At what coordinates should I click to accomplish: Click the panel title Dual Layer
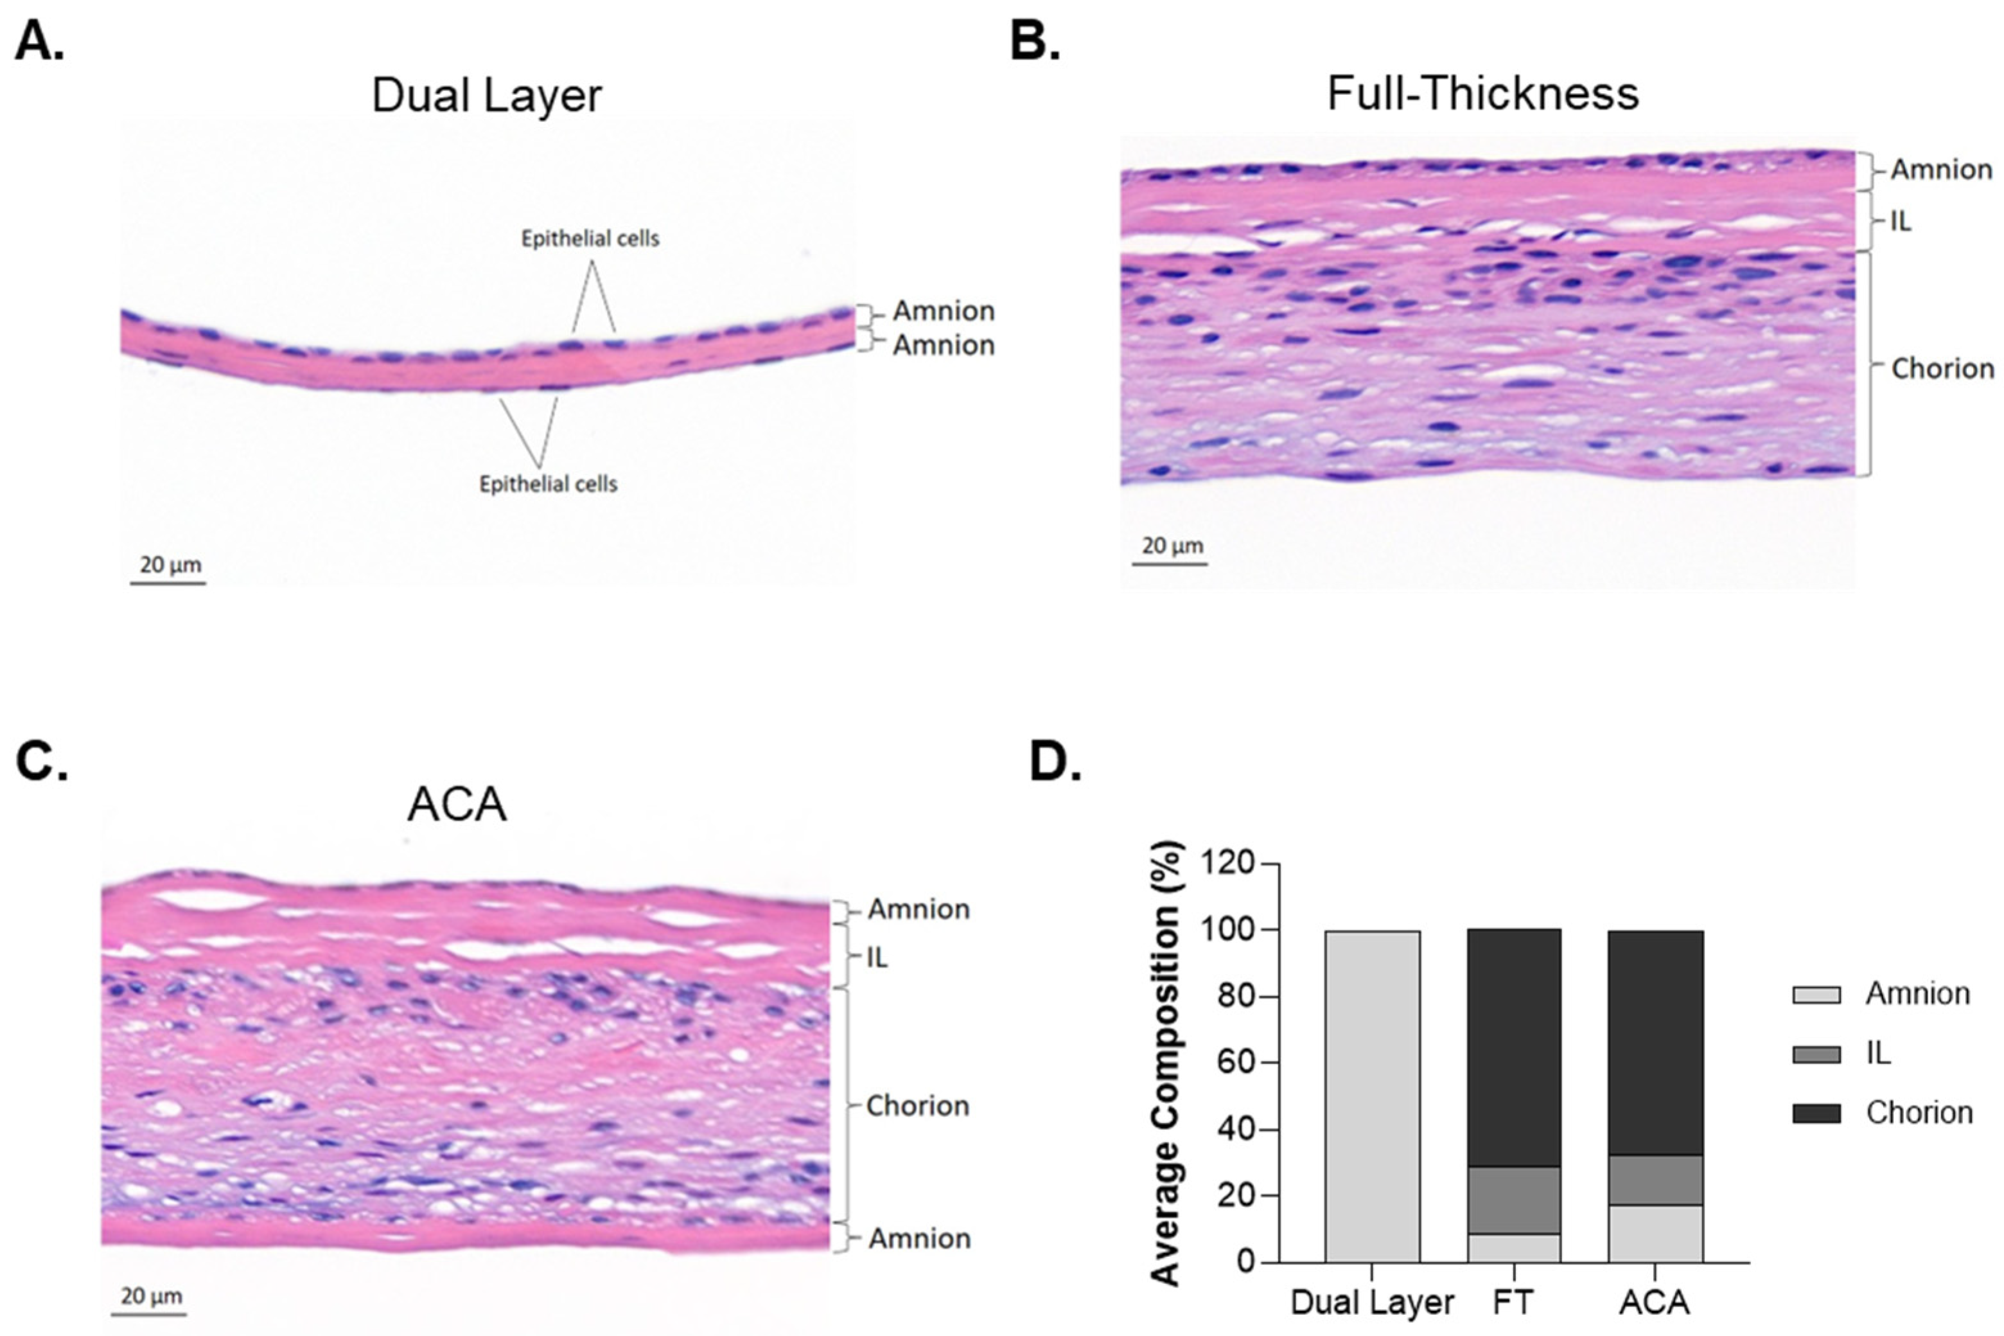pos(486,94)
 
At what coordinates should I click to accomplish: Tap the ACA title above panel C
pos(457,803)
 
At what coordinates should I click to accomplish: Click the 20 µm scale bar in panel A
pos(168,583)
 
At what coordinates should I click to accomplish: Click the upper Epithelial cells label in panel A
pos(590,238)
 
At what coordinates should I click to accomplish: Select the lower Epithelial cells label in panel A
pos(548,484)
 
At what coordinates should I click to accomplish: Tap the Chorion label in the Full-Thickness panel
pos(1942,368)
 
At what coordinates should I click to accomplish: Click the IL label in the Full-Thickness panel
pos(1900,220)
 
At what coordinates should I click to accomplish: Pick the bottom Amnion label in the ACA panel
pos(919,1238)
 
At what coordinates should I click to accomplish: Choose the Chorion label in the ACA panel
pos(917,1105)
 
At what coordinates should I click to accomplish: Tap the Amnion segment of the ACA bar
pos(1655,1233)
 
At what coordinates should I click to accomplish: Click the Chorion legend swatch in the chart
pos(1816,1113)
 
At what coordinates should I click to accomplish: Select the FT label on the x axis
pos(1513,1303)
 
